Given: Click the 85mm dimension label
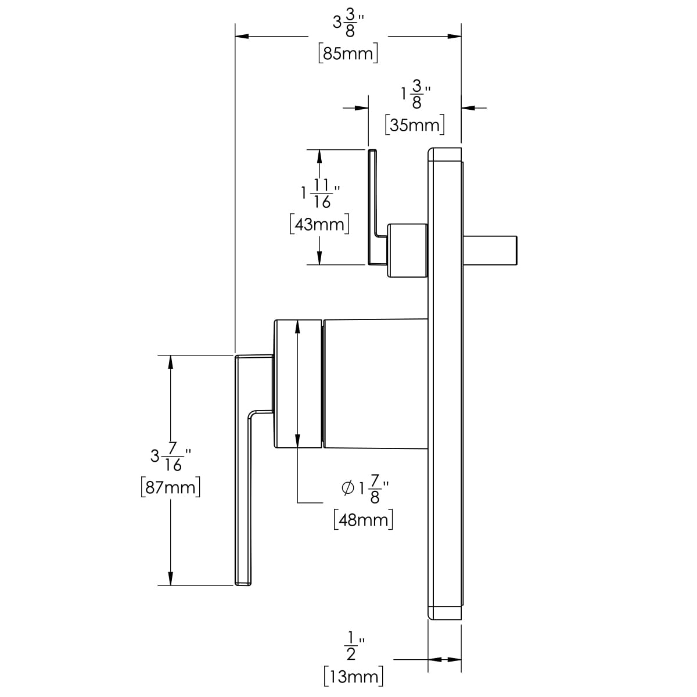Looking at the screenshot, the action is click(x=348, y=53).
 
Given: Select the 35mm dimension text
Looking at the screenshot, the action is click(x=415, y=125).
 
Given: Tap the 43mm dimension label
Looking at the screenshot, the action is click(x=319, y=224).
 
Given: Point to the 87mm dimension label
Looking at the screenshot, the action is click(x=170, y=487).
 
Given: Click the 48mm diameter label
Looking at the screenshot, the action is click(x=363, y=520).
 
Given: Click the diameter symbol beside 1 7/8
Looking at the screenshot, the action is click(x=347, y=488).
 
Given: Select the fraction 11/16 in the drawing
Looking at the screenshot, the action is click(x=322, y=194).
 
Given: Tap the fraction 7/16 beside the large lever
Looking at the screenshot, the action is click(x=173, y=457).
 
